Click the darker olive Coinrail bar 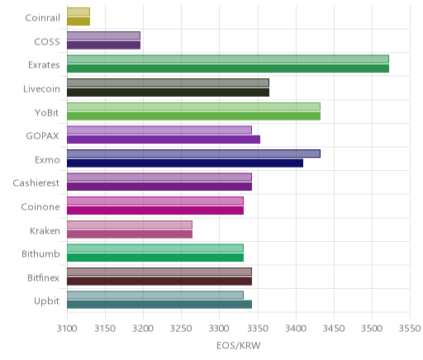pos(78,21)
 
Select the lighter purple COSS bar pos(103,36)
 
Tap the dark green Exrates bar pos(228,69)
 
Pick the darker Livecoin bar pos(168,92)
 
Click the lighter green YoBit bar pos(193,107)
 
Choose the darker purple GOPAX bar pos(164,140)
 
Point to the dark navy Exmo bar pos(185,163)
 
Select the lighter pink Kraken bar pos(130,225)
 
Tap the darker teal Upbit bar pos(159,305)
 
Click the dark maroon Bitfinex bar pos(159,282)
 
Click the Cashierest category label pos(36,183)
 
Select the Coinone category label pos(40,206)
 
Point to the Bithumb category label pos(40,253)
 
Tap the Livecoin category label pos(41,89)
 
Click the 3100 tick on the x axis pos(67,329)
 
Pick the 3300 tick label pos(220,329)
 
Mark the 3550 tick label pos(410,329)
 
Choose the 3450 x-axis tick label pos(334,329)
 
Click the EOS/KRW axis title pos(239,346)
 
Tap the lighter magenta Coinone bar pos(155,201)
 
